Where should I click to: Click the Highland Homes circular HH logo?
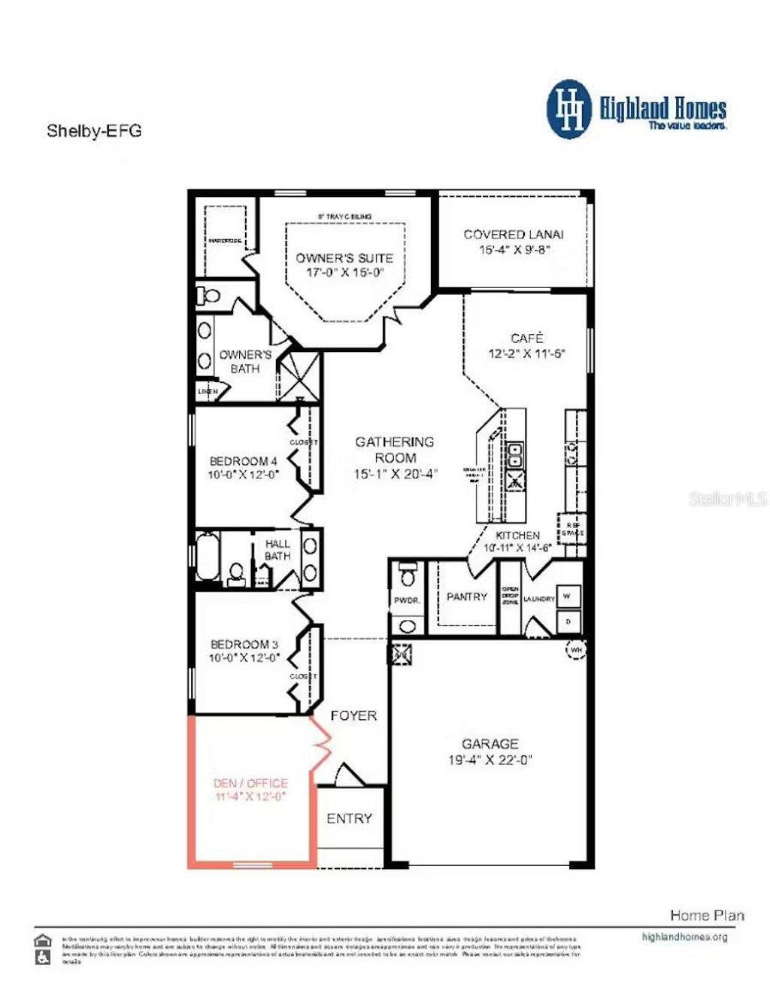[570, 109]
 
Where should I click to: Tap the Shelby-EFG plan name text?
[94, 131]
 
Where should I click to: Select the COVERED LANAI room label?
[513, 235]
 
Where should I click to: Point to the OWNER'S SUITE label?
[344, 258]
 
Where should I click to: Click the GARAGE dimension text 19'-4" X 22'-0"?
[490, 760]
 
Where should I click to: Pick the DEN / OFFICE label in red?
[250, 783]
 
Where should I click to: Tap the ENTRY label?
[349, 818]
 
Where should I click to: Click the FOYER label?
[353, 715]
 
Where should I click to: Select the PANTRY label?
[466, 597]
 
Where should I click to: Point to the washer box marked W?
[567, 596]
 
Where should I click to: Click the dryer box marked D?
[568, 621]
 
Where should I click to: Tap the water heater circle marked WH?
[576, 649]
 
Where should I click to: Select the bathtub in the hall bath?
[208, 556]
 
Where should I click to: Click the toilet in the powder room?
[408, 576]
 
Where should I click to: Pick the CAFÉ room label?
[526, 339]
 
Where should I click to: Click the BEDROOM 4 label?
[243, 460]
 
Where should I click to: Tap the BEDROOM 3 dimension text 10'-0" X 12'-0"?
[244, 657]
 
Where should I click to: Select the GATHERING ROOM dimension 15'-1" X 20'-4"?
[395, 474]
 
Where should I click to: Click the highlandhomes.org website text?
[684, 937]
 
